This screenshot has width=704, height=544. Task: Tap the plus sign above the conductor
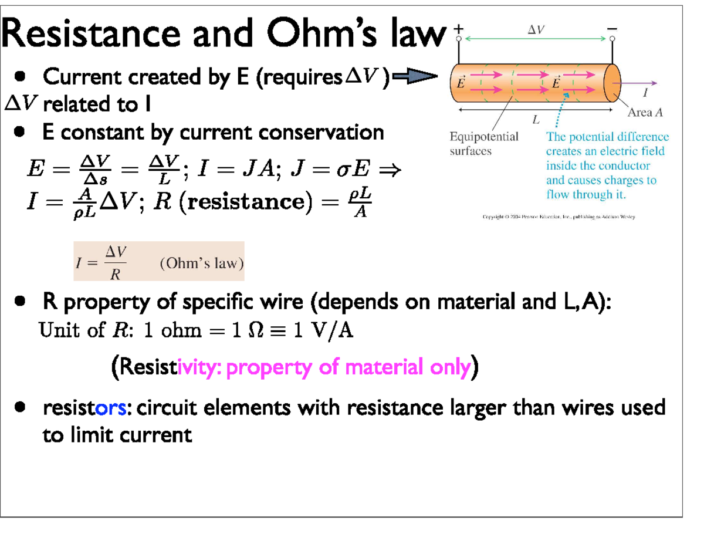[459, 29]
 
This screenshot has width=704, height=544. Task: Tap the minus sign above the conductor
[612, 29]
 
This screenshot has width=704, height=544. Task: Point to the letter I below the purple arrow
[645, 93]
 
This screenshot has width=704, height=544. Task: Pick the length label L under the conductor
[535, 120]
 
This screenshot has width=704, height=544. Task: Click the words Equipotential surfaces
[483, 143]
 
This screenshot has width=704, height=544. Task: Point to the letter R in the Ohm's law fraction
[116, 273]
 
